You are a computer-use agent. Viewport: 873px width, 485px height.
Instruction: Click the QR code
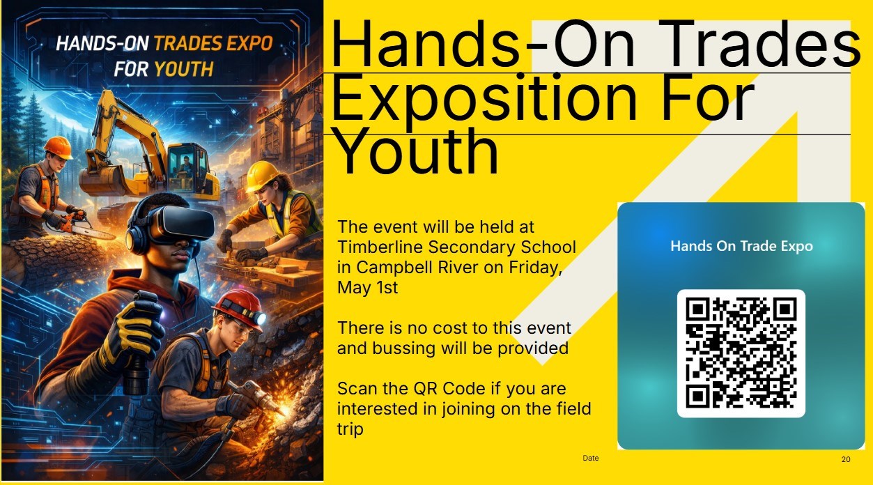pyautogui.click(x=741, y=353)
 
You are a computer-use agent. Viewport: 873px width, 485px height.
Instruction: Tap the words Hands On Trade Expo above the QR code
pyautogui.click(x=741, y=246)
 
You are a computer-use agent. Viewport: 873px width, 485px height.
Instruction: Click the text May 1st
pyautogui.click(x=367, y=287)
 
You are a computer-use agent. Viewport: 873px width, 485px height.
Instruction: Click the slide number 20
pyautogui.click(x=846, y=459)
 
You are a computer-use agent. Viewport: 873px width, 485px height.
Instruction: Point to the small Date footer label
pyautogui.click(x=590, y=459)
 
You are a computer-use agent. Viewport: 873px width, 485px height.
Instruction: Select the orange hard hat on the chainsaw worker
pyautogui.click(x=58, y=147)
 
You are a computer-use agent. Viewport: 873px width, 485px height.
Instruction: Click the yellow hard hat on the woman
pyautogui.click(x=263, y=176)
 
